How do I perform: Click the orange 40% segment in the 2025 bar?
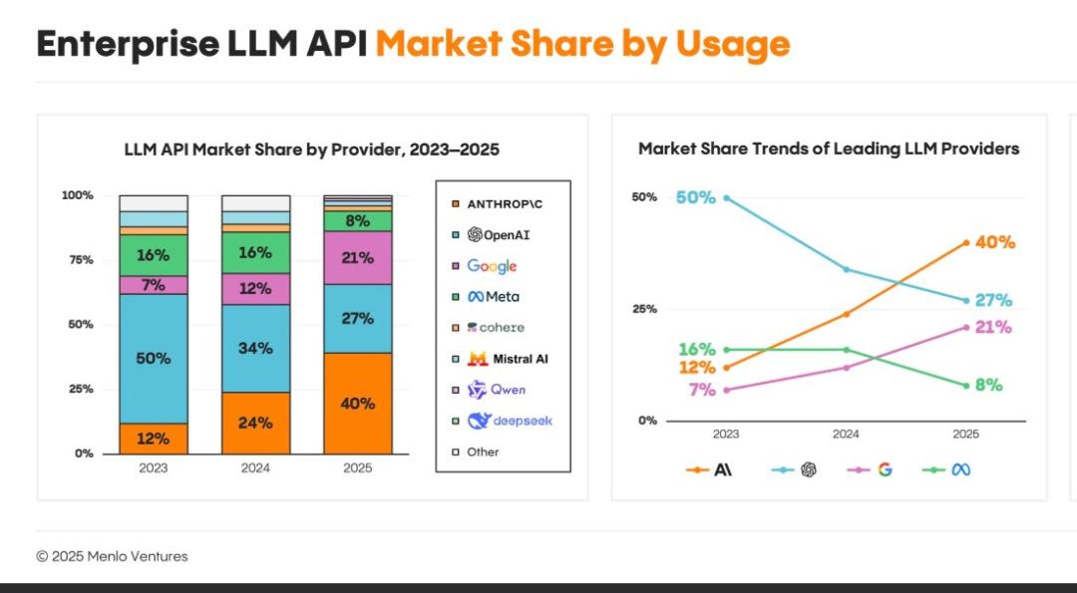(x=357, y=404)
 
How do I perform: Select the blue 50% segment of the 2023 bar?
(x=153, y=358)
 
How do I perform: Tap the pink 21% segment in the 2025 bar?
(x=357, y=258)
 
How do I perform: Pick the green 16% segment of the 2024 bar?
(x=255, y=252)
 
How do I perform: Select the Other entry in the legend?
(x=483, y=451)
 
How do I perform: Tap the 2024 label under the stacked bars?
(x=255, y=468)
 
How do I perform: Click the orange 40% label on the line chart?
(x=995, y=242)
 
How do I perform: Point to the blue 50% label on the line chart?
(x=695, y=197)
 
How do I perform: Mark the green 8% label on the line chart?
(x=988, y=385)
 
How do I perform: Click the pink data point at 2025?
(x=966, y=327)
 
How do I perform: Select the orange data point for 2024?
(x=846, y=314)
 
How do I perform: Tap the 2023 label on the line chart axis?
(x=726, y=435)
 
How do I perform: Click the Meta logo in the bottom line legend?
(x=960, y=469)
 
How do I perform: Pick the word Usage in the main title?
(x=732, y=43)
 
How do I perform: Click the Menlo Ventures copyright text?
(x=112, y=556)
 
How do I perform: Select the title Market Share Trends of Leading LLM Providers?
(x=828, y=148)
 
